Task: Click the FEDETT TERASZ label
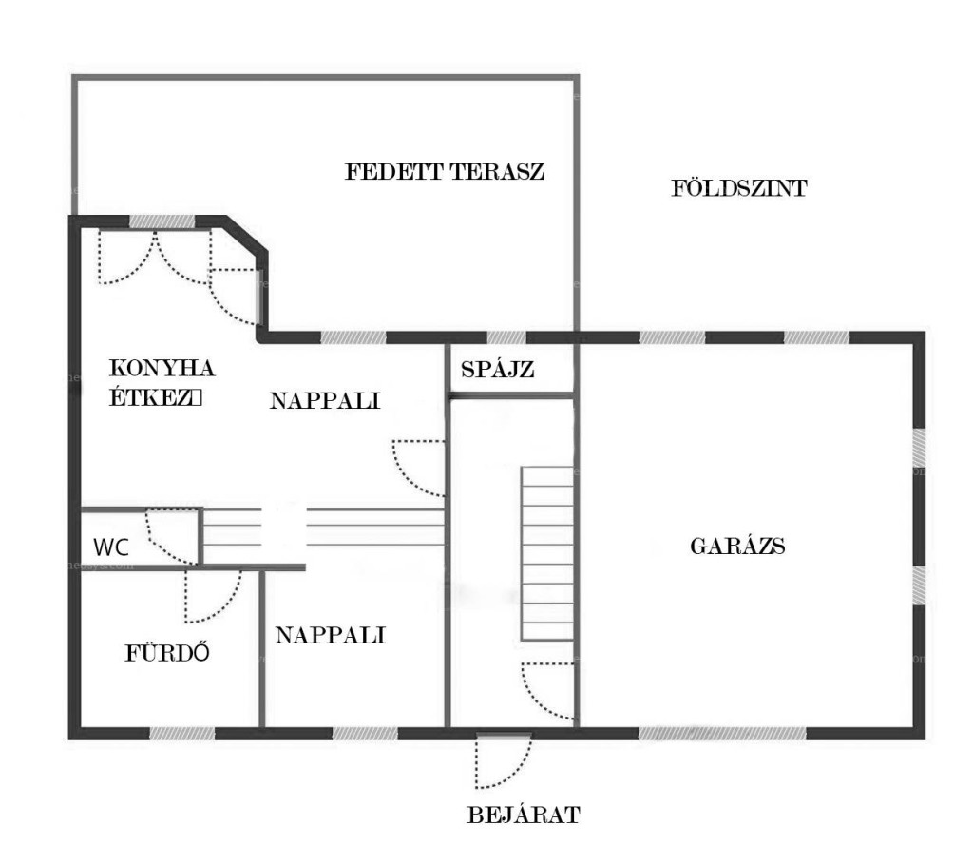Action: (x=445, y=171)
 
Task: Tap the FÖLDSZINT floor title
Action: (x=739, y=187)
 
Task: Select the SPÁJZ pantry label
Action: (x=498, y=370)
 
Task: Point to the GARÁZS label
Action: (x=737, y=547)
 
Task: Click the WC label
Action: (x=111, y=547)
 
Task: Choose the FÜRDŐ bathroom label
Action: (x=167, y=652)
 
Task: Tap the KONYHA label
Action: (x=162, y=368)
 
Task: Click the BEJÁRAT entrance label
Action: (x=524, y=815)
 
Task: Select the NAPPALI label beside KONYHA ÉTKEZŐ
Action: (x=325, y=401)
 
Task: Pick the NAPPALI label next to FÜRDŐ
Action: (x=330, y=635)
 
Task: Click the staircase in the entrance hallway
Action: (x=546, y=553)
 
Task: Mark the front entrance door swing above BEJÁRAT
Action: (x=504, y=761)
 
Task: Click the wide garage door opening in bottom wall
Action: (x=722, y=734)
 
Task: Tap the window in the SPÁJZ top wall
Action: (x=506, y=337)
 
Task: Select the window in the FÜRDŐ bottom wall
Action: (x=181, y=734)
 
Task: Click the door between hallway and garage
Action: (x=547, y=691)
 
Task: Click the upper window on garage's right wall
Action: (x=919, y=448)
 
